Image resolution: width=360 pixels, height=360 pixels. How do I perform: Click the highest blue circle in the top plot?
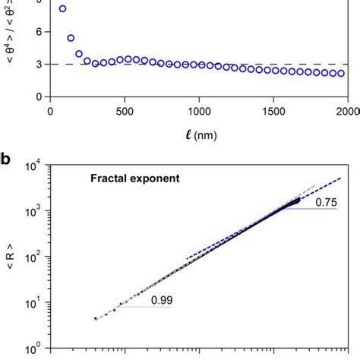[62, 9]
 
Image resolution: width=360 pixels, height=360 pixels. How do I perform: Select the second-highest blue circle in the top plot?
[71, 38]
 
